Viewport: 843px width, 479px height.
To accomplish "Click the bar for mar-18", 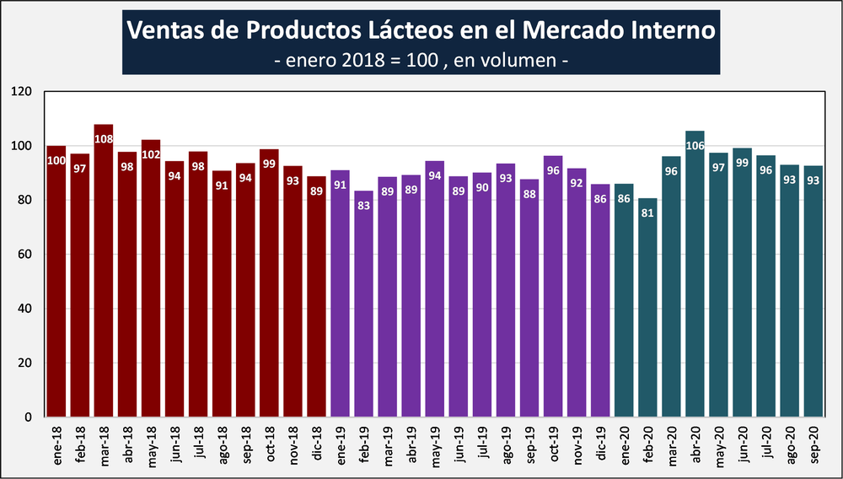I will pos(104,278).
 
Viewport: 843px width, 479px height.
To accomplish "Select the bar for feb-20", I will pos(647,312).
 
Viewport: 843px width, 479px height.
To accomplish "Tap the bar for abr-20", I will pos(695,278).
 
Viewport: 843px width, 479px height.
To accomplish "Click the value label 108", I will pos(104,138).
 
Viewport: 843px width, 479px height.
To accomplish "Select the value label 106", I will pos(695,145).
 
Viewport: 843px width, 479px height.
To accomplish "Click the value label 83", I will pos(364,206).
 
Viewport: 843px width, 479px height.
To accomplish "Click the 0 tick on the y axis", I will pos(27,417).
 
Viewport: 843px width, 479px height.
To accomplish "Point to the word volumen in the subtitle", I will pos(514,61).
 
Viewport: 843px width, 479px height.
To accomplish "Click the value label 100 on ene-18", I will pos(56,161).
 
